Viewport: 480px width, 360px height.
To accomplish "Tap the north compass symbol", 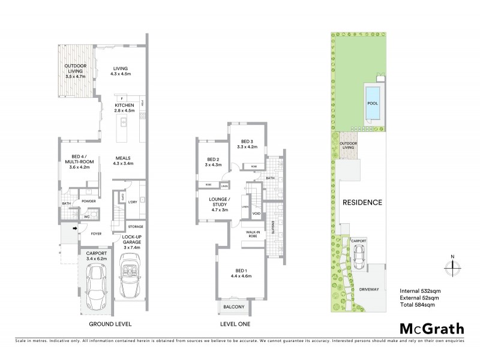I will pos(452,265).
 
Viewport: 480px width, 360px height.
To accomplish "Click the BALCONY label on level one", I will pos(234,307).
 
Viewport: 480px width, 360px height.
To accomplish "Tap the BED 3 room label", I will pos(247,143).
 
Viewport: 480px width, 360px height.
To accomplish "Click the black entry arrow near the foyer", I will pos(75,228).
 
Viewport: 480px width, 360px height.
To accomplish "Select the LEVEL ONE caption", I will pos(235,324).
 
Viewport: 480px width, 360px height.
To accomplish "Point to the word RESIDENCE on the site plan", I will pos(362,202).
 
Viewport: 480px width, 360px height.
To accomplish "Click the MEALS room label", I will pos(124,160).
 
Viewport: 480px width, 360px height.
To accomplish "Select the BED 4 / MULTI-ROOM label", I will pos(79,164).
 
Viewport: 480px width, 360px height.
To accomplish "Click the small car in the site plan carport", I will pos(358,257).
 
